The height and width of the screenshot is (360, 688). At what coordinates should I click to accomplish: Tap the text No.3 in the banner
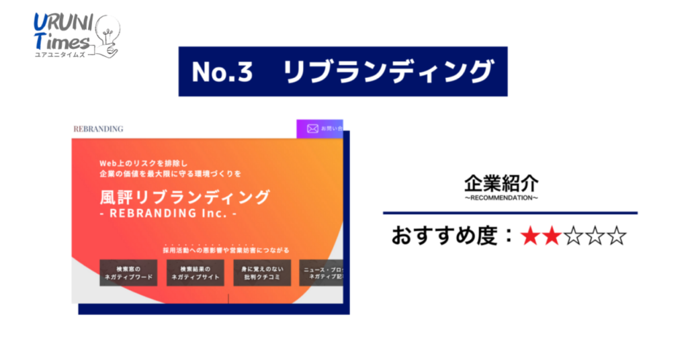point(222,71)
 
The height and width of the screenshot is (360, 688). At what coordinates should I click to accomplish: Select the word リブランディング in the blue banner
point(388,71)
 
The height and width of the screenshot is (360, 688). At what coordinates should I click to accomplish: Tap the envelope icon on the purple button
point(312,128)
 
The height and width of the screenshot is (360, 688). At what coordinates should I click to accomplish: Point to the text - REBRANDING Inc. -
point(168,214)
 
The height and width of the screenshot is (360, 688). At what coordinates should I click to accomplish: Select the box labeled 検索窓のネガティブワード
point(128,273)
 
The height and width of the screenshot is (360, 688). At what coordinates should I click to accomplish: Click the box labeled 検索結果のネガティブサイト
point(196,273)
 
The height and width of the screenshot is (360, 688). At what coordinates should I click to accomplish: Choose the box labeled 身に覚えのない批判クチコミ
point(262,273)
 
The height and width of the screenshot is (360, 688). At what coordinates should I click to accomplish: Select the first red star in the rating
point(531,236)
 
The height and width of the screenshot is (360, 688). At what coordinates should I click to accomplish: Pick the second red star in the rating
point(552,236)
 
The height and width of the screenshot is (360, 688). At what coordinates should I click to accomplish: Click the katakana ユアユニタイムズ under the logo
point(61,54)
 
